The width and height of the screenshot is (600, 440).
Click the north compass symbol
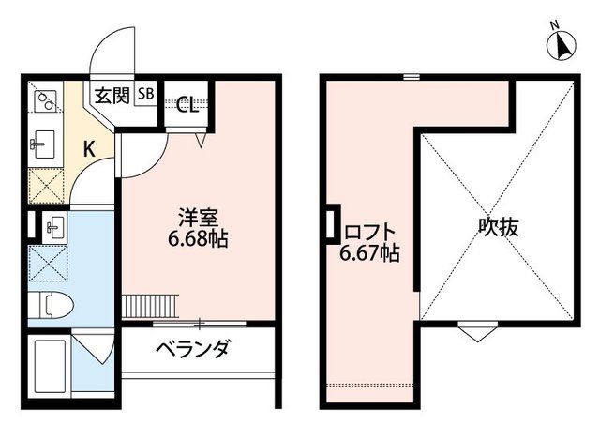pyautogui.click(x=562, y=44)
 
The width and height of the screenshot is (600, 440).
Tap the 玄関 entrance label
pyautogui.click(x=112, y=94)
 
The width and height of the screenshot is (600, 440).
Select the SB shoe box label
pyautogui.click(x=147, y=93)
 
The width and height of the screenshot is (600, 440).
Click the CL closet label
pyautogui.click(x=187, y=104)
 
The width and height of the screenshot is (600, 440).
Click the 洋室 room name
pyautogui.click(x=201, y=215)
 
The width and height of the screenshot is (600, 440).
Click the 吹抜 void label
pyautogui.click(x=498, y=226)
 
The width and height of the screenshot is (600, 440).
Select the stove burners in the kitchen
pyautogui.click(x=45, y=99)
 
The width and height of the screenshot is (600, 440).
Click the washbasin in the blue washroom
pyautogui.click(x=52, y=226)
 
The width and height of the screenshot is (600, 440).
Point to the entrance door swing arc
pyautogui.click(x=113, y=52)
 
